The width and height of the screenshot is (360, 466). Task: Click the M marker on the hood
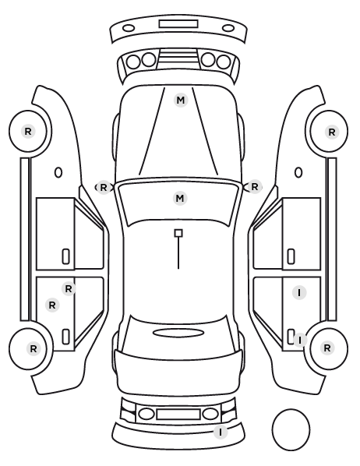(x=181, y=101)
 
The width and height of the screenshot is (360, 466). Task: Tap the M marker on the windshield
(x=180, y=198)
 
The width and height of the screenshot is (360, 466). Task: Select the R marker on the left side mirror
(x=103, y=188)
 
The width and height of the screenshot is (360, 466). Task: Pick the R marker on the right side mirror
(x=255, y=187)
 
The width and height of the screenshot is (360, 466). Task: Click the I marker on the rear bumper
(x=221, y=432)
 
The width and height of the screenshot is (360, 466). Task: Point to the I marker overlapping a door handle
(x=300, y=340)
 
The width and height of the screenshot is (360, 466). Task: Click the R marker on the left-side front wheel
(x=28, y=131)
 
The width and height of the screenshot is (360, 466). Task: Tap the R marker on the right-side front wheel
(x=332, y=132)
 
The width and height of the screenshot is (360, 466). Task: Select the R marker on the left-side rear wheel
(x=34, y=348)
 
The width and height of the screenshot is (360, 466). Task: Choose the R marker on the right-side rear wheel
(x=327, y=348)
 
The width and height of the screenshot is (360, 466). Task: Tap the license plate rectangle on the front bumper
(x=178, y=24)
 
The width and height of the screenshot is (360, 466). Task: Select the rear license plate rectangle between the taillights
(x=178, y=415)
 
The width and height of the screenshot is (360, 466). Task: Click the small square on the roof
(x=178, y=233)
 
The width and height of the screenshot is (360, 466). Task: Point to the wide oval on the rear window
(x=178, y=333)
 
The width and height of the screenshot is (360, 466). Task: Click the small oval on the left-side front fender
(x=58, y=172)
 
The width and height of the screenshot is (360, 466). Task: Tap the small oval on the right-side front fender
(x=298, y=172)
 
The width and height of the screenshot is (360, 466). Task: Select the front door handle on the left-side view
(x=65, y=256)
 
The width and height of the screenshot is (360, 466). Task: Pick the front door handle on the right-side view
(x=291, y=256)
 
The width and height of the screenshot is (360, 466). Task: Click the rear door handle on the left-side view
(x=65, y=337)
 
